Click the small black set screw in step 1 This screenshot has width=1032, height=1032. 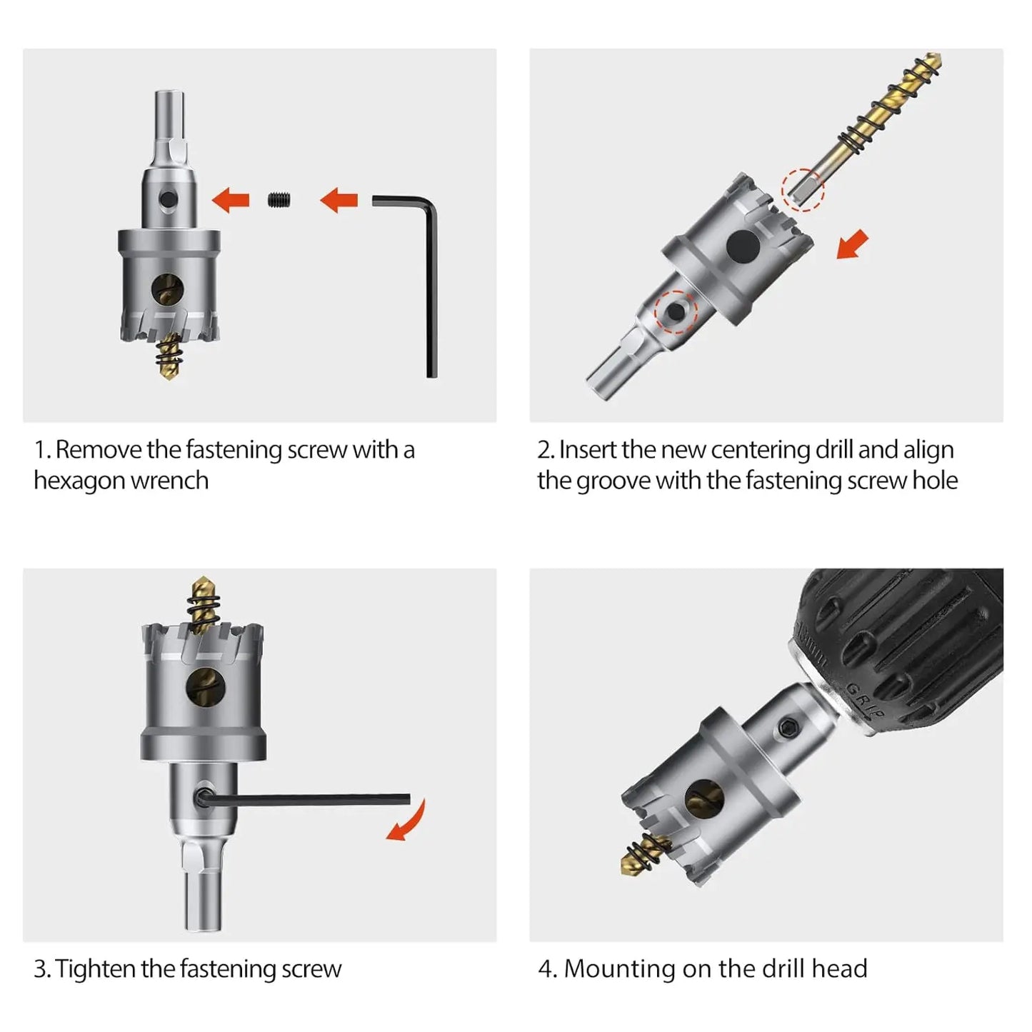[280, 200]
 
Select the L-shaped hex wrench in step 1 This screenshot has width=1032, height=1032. [431, 268]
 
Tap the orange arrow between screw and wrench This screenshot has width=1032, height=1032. [339, 200]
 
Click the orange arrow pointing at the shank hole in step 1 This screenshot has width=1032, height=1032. [231, 200]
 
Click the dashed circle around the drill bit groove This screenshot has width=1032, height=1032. [803, 190]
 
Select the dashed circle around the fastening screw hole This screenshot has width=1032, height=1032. [676, 312]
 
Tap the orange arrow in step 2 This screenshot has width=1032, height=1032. [852, 244]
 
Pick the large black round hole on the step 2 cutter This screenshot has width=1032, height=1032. [743, 246]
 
